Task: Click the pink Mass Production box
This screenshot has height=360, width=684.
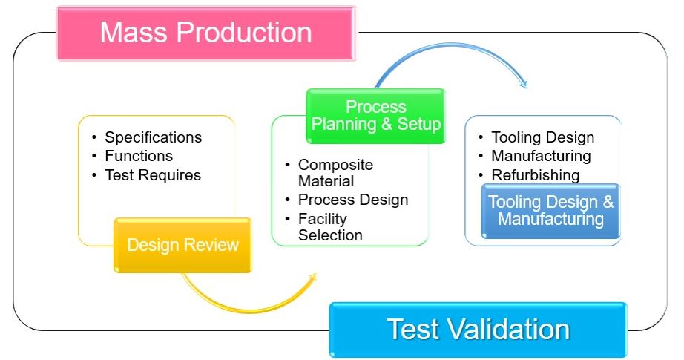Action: point(206,33)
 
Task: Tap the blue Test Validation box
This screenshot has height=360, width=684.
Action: point(478,330)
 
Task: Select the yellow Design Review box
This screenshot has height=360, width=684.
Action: point(182,245)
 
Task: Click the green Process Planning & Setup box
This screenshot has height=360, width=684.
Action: point(375,116)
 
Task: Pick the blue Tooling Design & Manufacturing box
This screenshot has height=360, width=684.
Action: point(550,212)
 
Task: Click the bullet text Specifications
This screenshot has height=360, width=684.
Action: point(153,137)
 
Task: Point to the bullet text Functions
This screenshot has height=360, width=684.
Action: point(139,156)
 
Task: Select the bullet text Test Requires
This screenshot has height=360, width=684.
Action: point(153,175)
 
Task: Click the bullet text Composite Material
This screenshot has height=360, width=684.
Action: point(335,173)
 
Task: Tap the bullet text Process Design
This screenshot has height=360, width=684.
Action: point(353,200)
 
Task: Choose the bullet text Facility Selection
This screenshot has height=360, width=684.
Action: point(330,227)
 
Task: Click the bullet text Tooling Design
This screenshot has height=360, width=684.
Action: point(542,137)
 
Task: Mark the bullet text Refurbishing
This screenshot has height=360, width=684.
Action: point(535,175)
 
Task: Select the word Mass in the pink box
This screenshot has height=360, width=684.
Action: point(134,33)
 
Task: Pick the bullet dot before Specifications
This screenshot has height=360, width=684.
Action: point(94,138)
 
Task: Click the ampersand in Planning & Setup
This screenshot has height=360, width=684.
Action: point(387,125)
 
